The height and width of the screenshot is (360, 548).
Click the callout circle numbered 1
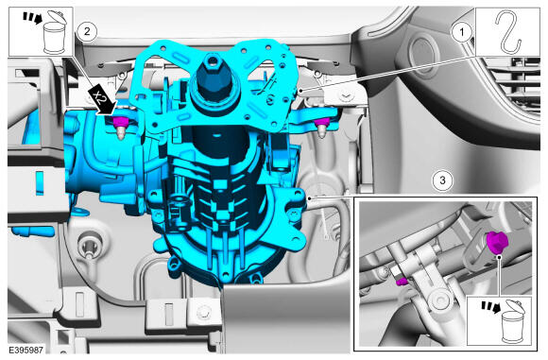[462, 32]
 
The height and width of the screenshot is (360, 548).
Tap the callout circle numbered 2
[87, 32]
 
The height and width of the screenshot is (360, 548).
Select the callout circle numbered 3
[442, 180]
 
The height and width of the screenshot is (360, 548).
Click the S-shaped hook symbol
[508, 32]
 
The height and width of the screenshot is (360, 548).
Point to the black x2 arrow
[101, 101]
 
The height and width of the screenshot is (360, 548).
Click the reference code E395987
[26, 350]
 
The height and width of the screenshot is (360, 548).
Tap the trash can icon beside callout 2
[54, 32]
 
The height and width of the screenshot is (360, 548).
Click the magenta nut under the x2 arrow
[119, 122]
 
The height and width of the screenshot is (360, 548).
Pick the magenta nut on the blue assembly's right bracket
[322, 123]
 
